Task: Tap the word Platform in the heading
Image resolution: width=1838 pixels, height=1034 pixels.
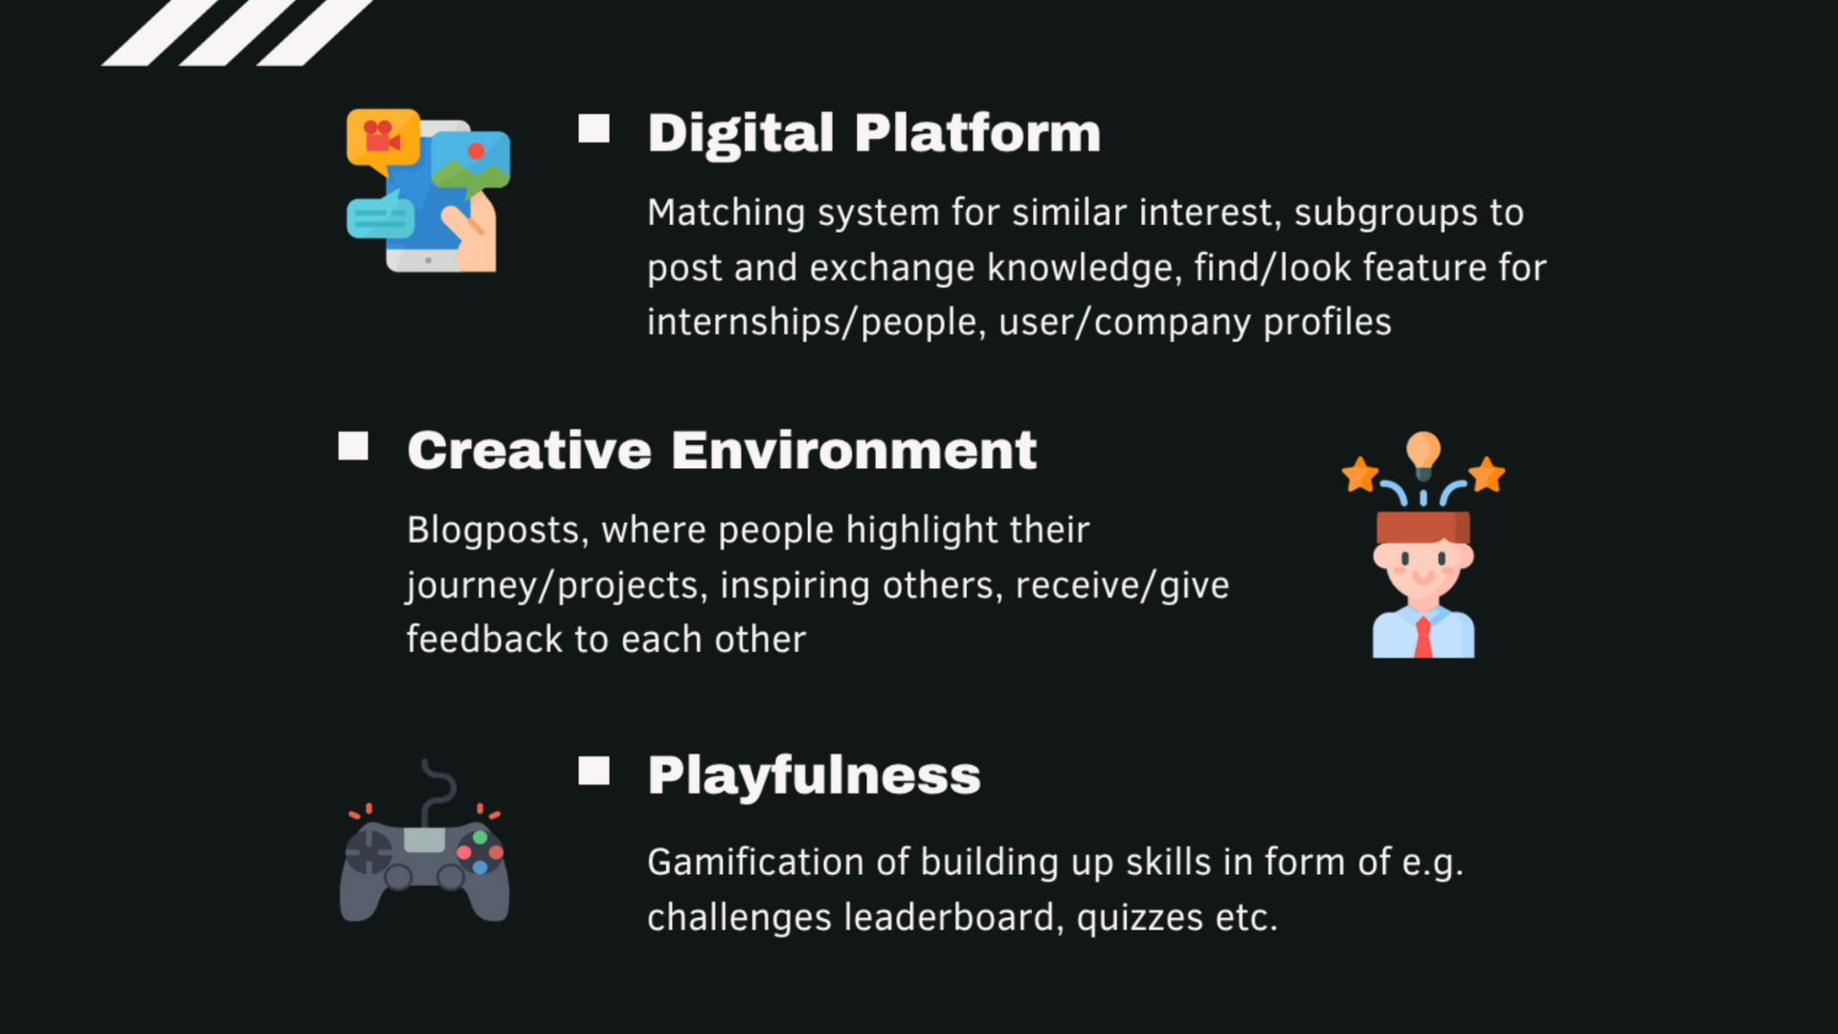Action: pos(976,133)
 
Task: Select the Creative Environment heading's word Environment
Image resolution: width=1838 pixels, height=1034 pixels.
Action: pos(853,451)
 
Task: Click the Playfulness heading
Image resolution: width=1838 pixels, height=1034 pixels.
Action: pos(814,775)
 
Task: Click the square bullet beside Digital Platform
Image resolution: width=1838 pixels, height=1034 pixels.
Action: pos(594,129)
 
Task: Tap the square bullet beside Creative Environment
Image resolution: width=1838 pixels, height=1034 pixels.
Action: pos(353,446)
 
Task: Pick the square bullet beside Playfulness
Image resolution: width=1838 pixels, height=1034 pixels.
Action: pos(594,771)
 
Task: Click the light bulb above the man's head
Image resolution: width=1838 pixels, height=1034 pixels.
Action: pos(1423,452)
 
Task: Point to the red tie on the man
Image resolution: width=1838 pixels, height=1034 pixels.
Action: pos(1423,638)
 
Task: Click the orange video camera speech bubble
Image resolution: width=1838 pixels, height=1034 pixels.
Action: pos(383,137)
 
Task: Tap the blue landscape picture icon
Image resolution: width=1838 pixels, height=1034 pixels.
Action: pos(471,159)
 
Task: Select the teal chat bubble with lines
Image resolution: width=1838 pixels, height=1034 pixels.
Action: pos(380,218)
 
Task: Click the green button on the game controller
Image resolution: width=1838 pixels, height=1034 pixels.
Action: pos(481,838)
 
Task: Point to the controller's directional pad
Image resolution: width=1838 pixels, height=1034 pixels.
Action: pos(369,851)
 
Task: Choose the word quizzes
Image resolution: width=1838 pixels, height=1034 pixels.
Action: pos(1139,918)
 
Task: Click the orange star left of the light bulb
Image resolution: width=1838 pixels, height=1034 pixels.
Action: pos(1359,474)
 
